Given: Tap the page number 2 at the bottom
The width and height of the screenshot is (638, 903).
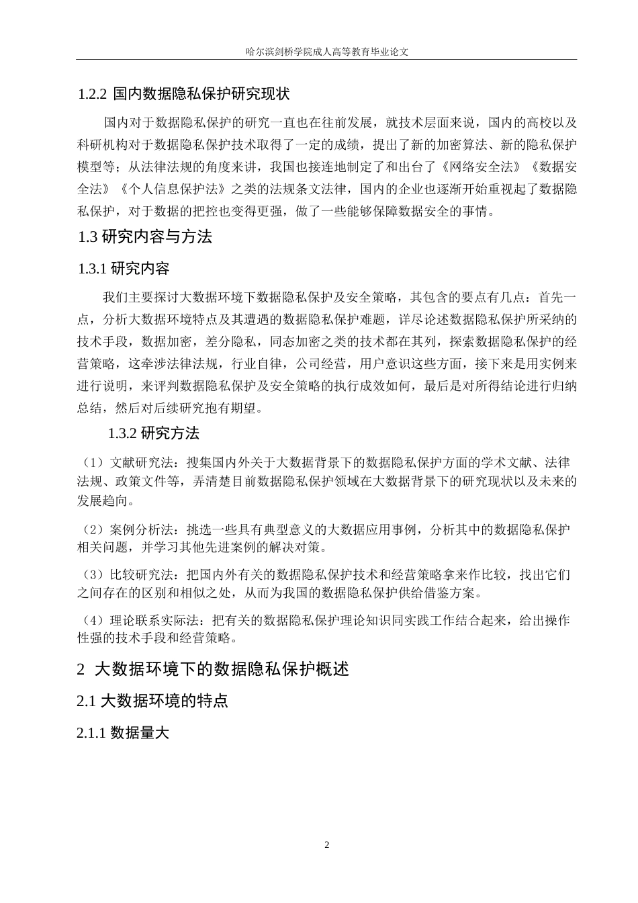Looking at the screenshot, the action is coord(327,845).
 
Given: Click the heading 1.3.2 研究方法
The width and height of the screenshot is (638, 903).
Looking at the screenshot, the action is coord(154,433).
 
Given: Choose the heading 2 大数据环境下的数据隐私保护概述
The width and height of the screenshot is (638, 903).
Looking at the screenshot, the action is coord(214,669).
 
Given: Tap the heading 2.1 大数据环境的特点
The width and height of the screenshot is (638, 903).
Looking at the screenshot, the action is coord(152,701).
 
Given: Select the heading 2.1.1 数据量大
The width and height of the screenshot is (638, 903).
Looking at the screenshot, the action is coord(122,732).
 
